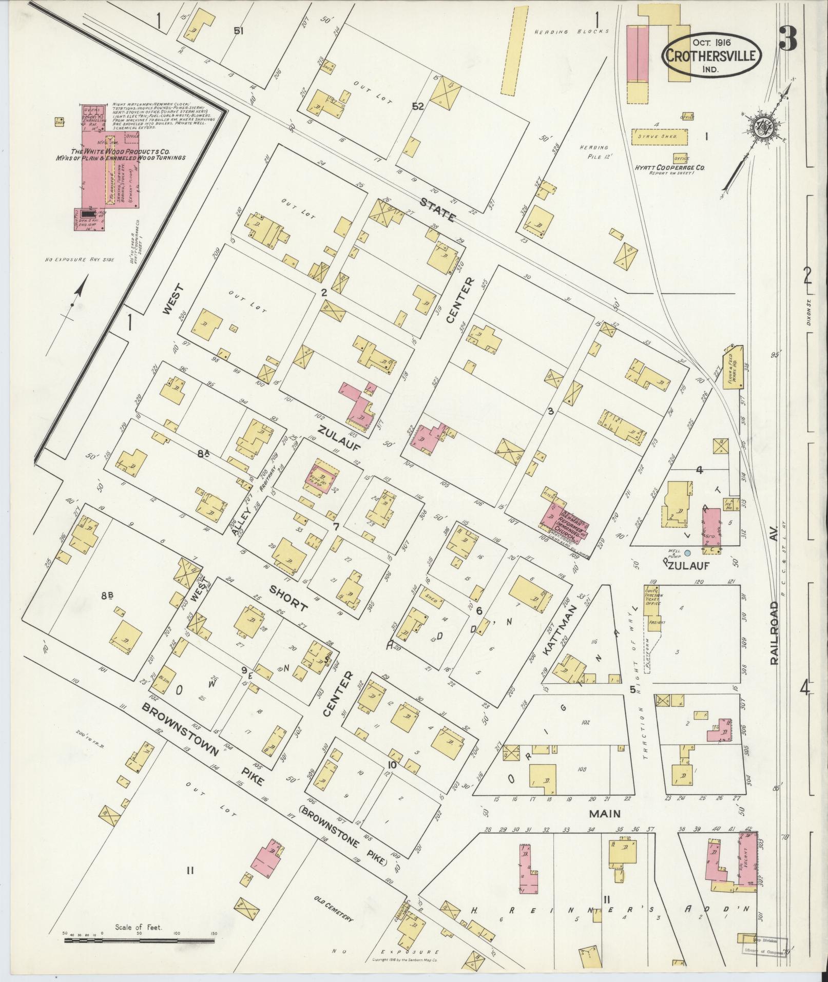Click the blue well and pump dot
coord(687,552)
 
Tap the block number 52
coord(418,106)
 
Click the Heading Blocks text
coord(571,31)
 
